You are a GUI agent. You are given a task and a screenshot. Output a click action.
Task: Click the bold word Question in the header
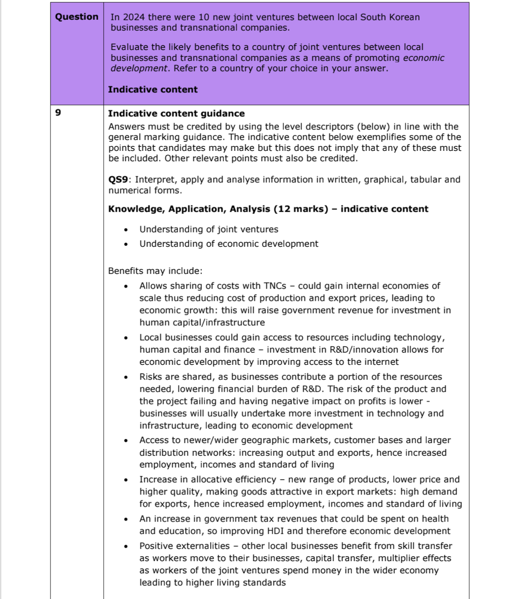[x=77, y=17]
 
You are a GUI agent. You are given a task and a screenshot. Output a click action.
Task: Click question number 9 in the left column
[x=58, y=113]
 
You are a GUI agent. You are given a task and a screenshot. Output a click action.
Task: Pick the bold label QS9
[x=118, y=180]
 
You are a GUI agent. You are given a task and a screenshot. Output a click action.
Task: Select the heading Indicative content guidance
[x=176, y=113]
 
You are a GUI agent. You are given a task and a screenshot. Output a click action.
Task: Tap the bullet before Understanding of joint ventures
[x=127, y=230]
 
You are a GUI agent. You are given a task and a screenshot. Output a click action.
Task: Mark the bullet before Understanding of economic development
[x=127, y=244]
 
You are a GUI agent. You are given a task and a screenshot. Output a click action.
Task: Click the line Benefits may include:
[x=155, y=271]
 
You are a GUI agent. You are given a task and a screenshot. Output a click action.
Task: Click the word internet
[x=382, y=362]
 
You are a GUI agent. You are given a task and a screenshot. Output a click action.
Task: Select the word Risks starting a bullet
[x=151, y=377]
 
